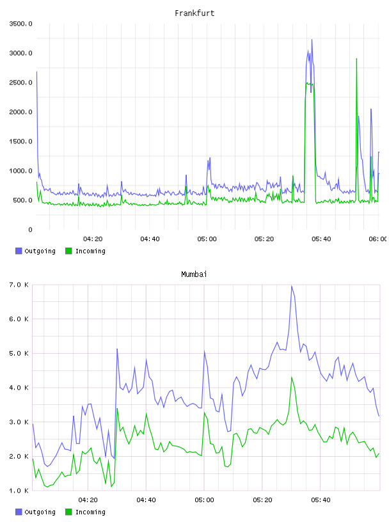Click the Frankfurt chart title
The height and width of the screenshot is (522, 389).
point(194,13)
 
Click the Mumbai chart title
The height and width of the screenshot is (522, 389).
point(194,274)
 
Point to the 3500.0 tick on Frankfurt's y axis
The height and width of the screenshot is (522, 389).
point(20,24)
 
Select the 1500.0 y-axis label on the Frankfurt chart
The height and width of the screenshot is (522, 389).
point(20,141)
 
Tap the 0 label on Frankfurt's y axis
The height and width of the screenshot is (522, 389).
point(30,230)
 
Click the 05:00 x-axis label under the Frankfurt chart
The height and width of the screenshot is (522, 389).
point(207,239)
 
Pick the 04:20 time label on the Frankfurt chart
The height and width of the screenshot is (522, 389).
point(93,239)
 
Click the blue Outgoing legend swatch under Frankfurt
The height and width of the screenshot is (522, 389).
point(19,251)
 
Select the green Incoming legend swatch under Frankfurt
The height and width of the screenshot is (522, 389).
point(68,251)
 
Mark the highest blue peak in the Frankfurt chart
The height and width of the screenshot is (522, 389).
point(312,40)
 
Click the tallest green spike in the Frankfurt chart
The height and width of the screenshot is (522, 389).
point(357,59)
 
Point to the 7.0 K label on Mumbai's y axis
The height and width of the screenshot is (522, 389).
point(19,285)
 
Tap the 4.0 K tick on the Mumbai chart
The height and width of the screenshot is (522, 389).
point(19,388)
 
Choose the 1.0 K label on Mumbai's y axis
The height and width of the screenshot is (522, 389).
point(19,491)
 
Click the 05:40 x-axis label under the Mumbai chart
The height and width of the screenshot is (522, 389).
point(321,500)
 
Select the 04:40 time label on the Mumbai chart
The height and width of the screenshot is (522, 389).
point(147,500)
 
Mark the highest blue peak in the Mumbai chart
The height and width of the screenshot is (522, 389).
point(291,286)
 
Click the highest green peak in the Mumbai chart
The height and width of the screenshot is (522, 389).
point(291,377)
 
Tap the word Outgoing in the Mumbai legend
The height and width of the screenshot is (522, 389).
point(40,512)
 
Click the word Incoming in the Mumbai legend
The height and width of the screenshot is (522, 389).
point(90,512)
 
